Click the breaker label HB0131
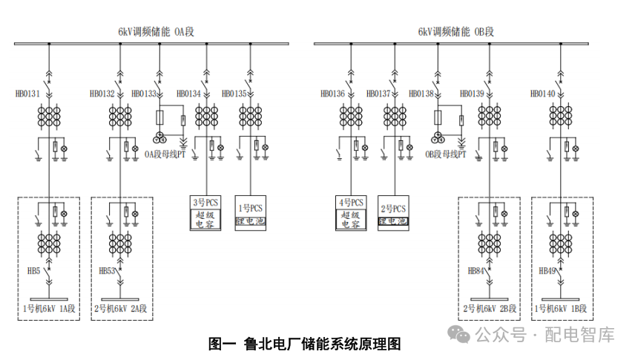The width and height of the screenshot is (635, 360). pos(27,94)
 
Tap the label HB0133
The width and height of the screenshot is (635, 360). pos(144,94)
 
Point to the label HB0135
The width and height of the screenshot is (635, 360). pos(234,94)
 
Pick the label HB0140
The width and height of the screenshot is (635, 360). pos(543,94)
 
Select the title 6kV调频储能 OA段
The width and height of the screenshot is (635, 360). pos(160,32)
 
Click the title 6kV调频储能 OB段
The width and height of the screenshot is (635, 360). pos(455,32)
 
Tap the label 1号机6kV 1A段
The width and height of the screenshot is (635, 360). pos(50,307)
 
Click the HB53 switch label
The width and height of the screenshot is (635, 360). pos(107,272)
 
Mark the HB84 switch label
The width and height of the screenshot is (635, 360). pos(475,272)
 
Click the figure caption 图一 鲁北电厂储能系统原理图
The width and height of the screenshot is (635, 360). pos(304,344)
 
